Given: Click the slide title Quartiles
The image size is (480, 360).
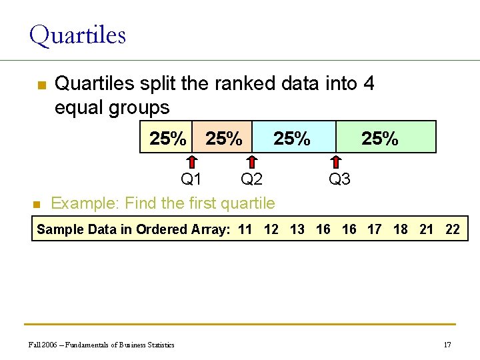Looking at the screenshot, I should tap(77, 35).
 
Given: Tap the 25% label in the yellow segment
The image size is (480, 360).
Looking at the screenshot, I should tap(168, 139).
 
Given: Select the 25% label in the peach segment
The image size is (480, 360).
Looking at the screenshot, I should tap(224, 139).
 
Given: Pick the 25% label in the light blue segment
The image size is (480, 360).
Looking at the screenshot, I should tap(292, 139).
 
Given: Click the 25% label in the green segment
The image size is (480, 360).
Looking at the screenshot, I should tap(379, 139).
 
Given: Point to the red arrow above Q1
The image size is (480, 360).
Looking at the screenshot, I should tap(191, 162).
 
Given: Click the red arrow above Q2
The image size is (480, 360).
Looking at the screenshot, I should tap(252, 162).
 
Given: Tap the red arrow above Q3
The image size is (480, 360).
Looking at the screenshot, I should tap(337, 162).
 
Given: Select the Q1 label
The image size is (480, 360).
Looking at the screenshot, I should tap(191, 179).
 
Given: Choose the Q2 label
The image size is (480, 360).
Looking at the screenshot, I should tap(251, 179).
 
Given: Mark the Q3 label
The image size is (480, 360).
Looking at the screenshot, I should tap(339, 179).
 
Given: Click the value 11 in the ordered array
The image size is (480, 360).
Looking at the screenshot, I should tap(245, 229).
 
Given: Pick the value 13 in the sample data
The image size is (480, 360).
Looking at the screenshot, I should tap(297, 229).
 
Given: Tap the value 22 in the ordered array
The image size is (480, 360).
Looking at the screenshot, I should tap(453, 229).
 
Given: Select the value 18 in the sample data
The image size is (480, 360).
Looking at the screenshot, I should tap(401, 229).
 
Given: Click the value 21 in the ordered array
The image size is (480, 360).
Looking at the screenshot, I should tap(427, 229).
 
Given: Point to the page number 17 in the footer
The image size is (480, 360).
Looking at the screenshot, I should tap(447, 345).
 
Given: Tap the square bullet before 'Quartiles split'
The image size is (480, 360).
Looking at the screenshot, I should tap(41, 86).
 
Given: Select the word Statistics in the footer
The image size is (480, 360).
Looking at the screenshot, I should tap(159, 345).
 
